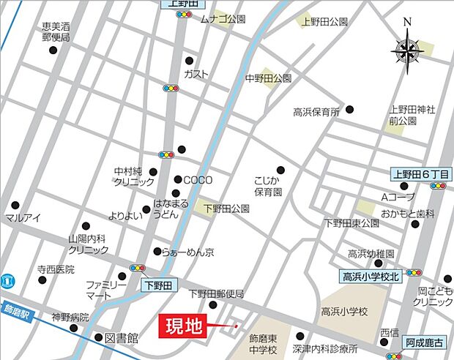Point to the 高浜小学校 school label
click(343, 312)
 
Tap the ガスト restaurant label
click(196, 75)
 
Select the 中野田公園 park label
click(268, 78)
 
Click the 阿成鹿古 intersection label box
click(425, 342)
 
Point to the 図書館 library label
click(122, 338)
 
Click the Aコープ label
click(398, 198)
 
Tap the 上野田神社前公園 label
click(412, 115)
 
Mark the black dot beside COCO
click(177, 180)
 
